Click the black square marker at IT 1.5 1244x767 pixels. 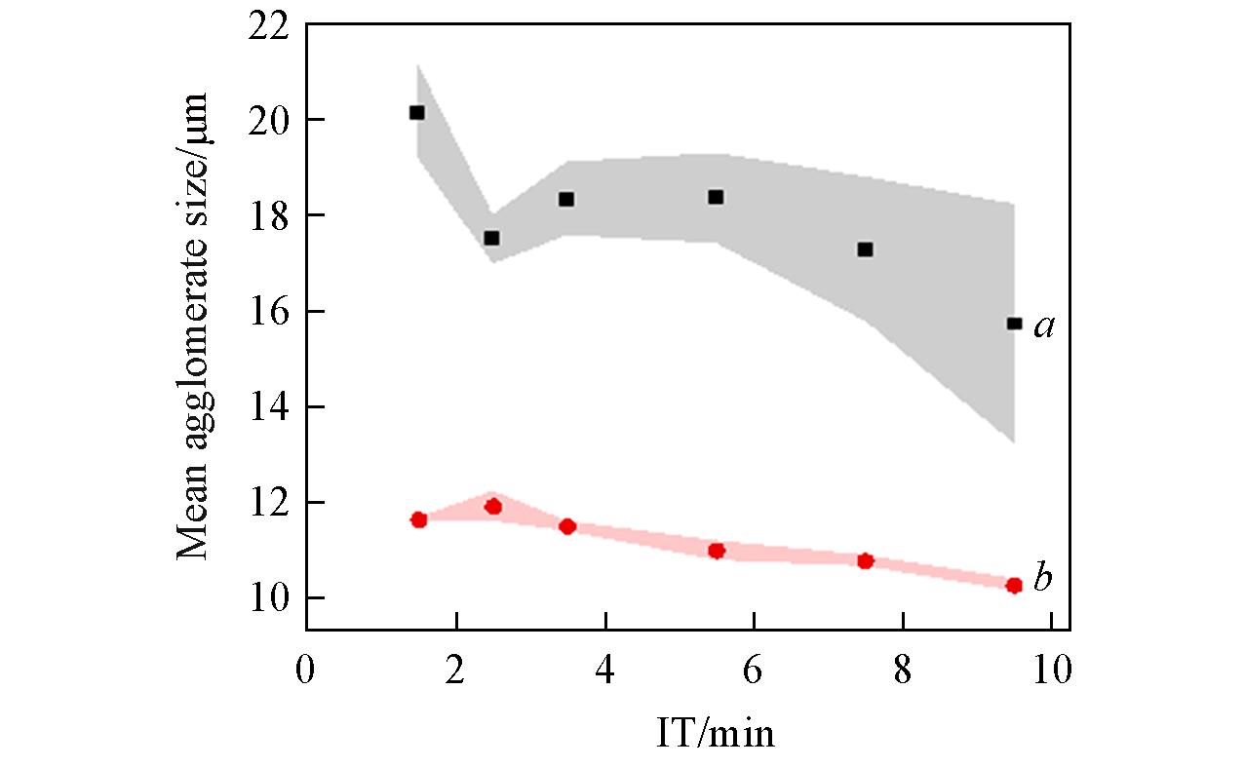[417, 113]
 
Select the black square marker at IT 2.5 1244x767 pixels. [491, 238]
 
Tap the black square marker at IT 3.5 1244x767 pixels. [566, 199]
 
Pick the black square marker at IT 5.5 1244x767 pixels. [716, 197]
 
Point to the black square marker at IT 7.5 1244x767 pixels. [865, 249]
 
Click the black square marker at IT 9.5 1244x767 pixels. [1014, 324]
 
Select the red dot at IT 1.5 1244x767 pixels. [419, 519]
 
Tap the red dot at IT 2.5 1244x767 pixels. [493, 507]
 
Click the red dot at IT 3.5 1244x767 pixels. [567, 526]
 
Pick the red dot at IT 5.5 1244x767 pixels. [717, 551]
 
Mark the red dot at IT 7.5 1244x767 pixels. [865, 560]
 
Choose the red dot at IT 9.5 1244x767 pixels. [1014, 586]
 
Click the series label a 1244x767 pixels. [1044, 327]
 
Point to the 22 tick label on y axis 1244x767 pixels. [270, 25]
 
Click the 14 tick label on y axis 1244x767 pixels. [270, 407]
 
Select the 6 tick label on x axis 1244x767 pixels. [754, 672]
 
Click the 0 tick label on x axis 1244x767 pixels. [306, 672]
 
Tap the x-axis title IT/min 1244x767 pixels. [716, 732]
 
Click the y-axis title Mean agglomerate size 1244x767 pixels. [194, 326]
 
